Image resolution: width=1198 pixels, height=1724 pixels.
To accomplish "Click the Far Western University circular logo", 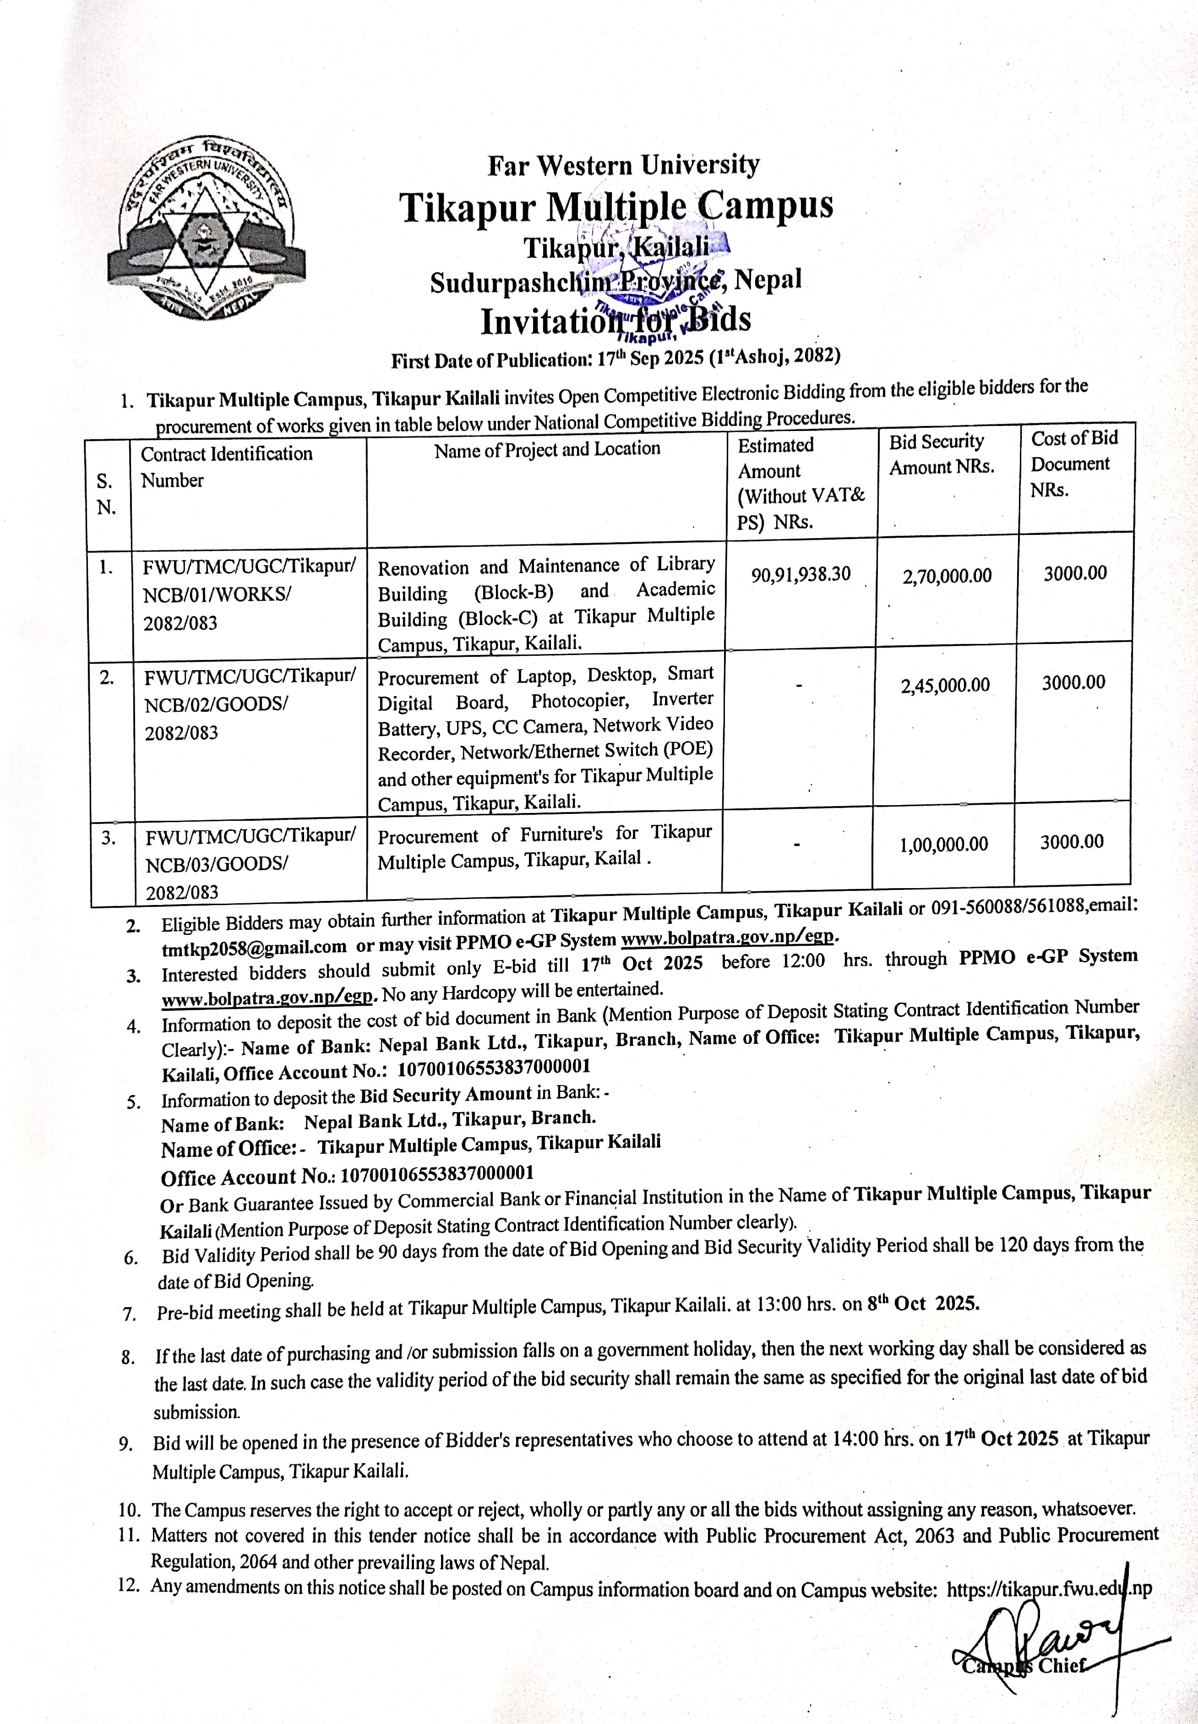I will click(205, 231).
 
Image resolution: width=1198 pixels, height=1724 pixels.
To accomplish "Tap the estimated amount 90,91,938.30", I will click(800, 574).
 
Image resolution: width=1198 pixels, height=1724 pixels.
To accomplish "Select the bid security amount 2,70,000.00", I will click(947, 576).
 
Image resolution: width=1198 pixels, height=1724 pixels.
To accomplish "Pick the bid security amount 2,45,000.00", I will click(945, 684).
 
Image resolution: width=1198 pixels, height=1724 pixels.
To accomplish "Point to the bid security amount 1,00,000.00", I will click(943, 844).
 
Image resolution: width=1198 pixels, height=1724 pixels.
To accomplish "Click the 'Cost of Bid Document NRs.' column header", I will click(1074, 463).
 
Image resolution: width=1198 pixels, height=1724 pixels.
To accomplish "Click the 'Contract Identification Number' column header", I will click(226, 466).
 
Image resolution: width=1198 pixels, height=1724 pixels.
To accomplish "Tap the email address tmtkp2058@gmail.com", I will click(254, 946).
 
